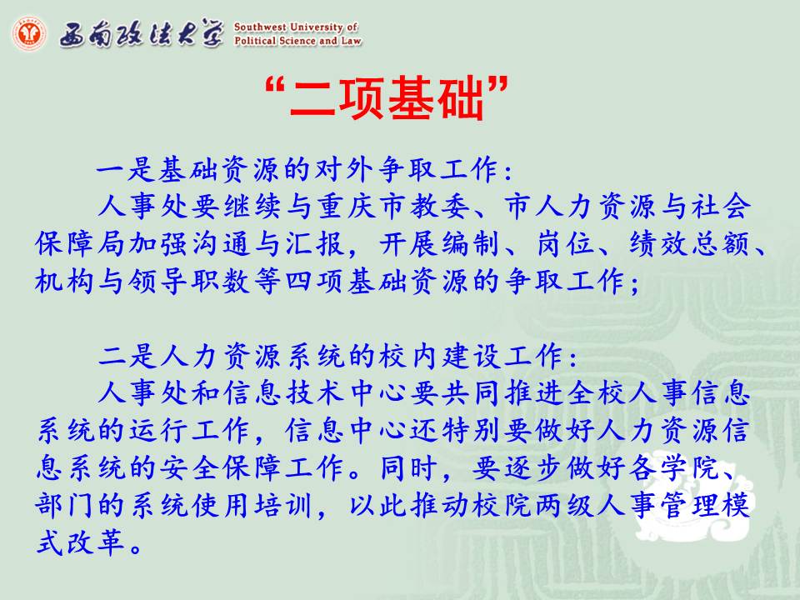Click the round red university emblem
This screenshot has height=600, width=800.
pos(30,33)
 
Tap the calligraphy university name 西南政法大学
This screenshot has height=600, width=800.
pos(142,33)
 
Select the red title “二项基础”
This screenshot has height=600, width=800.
pos(387,97)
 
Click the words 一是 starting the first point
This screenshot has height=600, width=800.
pos(126,169)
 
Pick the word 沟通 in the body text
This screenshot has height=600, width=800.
pos(223,244)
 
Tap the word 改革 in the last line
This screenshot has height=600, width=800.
pos(97,542)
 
